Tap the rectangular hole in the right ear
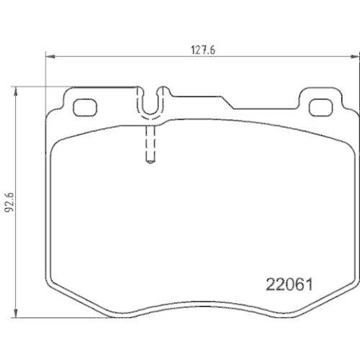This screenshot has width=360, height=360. coord(318,106)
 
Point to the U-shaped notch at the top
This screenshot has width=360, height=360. coord(149,105)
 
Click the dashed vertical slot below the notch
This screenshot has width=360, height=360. coord(149,145)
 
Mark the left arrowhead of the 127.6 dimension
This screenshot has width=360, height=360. coord(48,57)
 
